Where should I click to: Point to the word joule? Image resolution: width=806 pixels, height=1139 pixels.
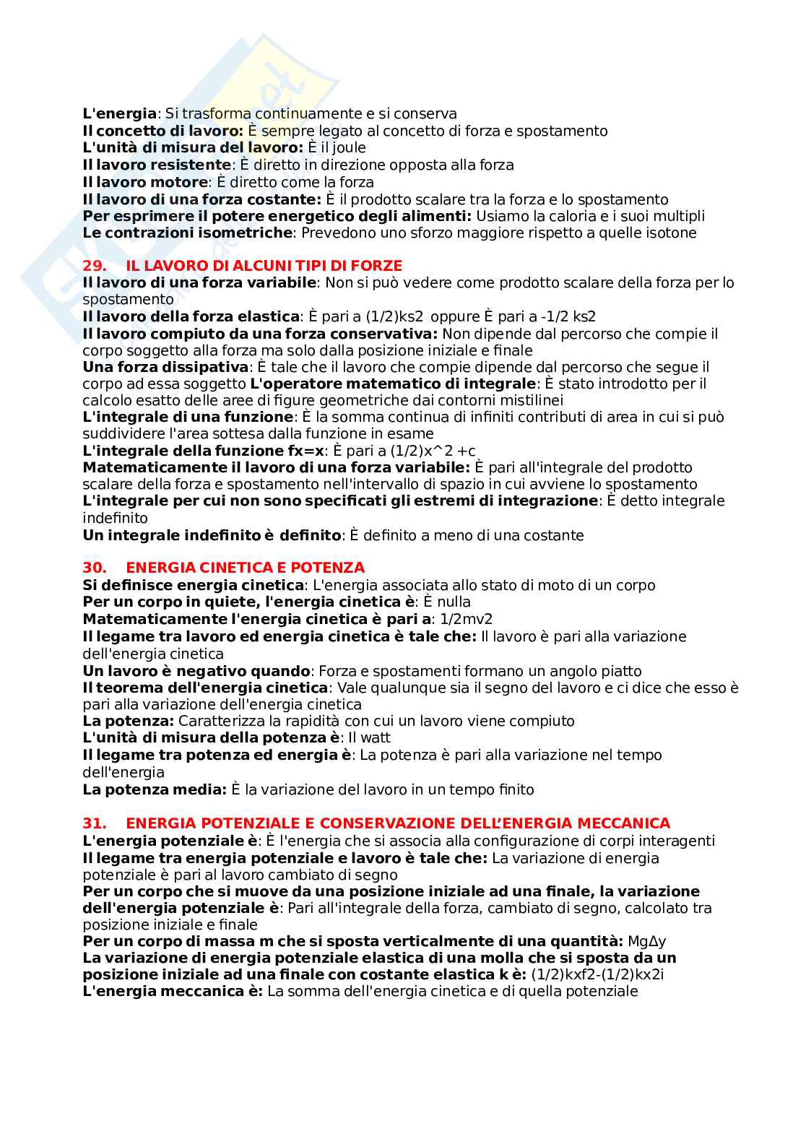[348, 148]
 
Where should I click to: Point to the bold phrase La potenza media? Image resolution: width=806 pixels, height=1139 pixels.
[155, 789]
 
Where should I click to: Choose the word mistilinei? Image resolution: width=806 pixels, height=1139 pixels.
[531, 400]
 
